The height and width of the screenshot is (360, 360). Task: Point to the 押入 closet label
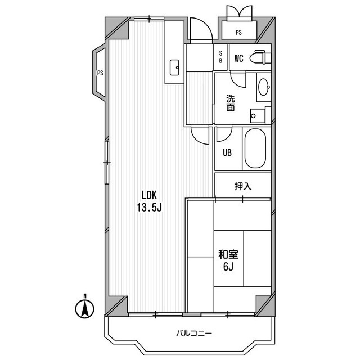(x=242, y=186)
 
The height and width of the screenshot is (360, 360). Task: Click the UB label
(x=228, y=152)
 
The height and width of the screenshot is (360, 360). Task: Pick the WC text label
(x=238, y=58)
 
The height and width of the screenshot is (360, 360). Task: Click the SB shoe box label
(x=220, y=56)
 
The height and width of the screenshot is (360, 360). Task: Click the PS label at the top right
(x=238, y=33)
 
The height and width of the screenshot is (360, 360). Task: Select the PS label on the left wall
(x=100, y=73)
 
